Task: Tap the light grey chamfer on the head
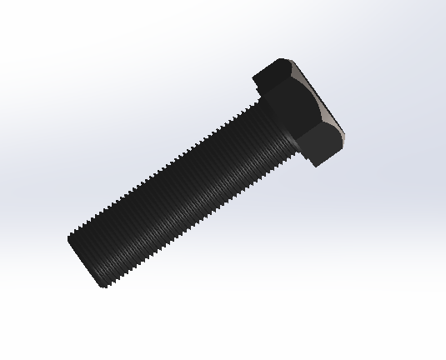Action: coord(321,100)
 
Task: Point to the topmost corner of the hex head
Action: coord(282,60)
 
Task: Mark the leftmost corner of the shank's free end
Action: coord(68,239)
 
